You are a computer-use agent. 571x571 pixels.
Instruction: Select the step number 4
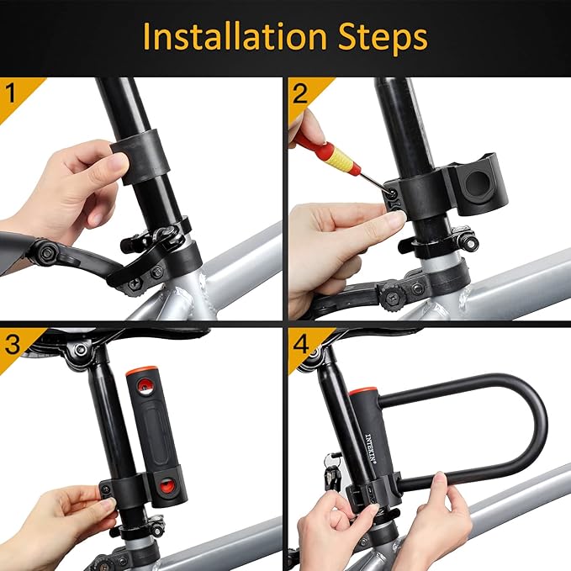point(300,343)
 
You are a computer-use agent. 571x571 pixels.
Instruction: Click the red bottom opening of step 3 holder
point(168,486)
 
